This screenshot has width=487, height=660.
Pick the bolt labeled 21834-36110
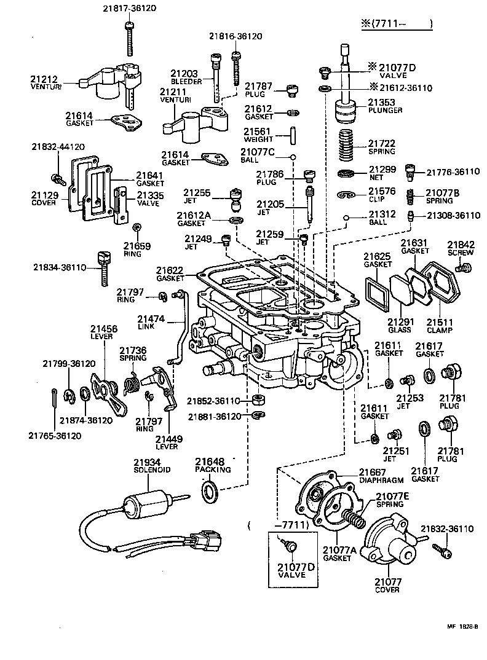(104, 268)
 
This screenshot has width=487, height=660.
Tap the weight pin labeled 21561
(295, 133)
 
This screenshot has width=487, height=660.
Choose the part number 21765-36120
(54, 436)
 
